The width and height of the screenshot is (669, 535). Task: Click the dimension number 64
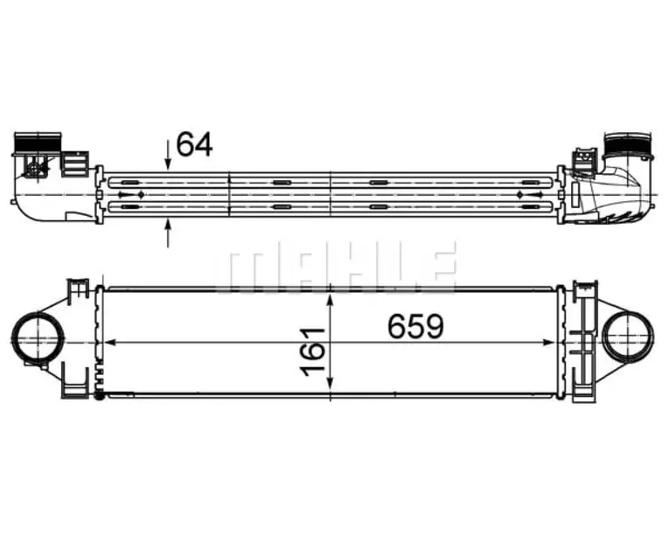click(x=194, y=144)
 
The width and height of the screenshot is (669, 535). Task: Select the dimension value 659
click(x=416, y=326)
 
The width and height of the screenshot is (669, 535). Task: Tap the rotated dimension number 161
click(x=312, y=352)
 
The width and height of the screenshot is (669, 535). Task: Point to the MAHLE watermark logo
click(x=337, y=267)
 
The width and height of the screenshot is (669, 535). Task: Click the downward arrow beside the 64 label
click(x=168, y=155)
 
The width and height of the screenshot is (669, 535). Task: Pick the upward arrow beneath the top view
click(x=168, y=233)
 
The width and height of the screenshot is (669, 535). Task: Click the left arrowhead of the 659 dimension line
click(x=110, y=342)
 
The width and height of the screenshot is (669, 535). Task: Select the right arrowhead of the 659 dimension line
click(x=547, y=342)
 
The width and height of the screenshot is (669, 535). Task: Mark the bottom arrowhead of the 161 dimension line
click(x=331, y=384)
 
